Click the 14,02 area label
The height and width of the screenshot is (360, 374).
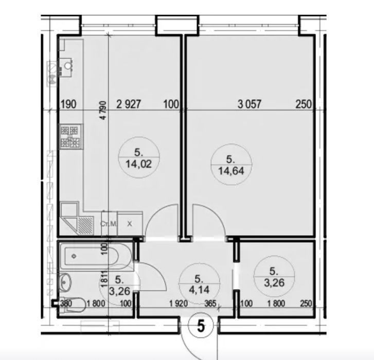(x=138, y=164)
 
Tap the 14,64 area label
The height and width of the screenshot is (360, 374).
(x=231, y=171)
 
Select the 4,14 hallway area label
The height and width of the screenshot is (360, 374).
(x=199, y=290)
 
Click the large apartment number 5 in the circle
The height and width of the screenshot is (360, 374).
(x=201, y=326)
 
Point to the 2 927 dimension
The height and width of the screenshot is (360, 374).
(x=129, y=104)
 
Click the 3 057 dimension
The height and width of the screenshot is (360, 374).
(x=250, y=104)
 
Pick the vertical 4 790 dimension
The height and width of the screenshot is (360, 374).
(x=103, y=110)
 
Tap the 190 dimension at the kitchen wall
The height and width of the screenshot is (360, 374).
(x=69, y=104)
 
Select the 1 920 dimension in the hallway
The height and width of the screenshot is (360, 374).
(x=179, y=304)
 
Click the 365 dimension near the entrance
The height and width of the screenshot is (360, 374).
(x=210, y=304)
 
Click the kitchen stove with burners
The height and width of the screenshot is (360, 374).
(x=70, y=137)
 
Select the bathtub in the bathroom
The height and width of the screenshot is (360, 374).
(x=95, y=257)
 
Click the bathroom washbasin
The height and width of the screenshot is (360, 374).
(x=65, y=282)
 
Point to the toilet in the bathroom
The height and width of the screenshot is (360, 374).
(x=74, y=304)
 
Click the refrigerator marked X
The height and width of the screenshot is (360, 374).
(x=130, y=224)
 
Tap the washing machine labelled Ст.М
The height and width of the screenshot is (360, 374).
(x=109, y=224)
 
